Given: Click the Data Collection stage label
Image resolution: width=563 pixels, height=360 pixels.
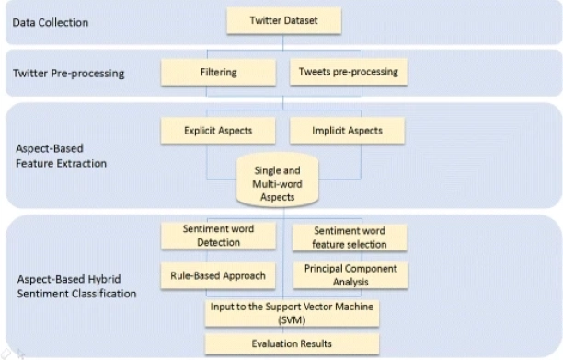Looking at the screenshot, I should tap(51, 20).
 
